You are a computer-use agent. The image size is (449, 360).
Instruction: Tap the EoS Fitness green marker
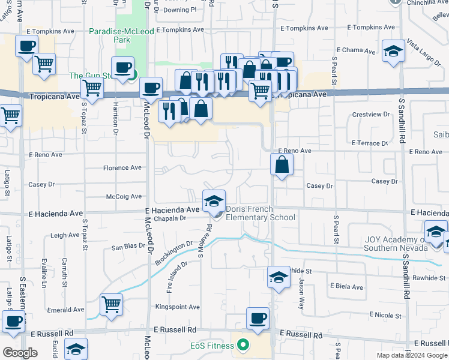[243, 345]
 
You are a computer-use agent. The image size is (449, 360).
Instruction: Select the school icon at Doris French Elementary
[214, 202]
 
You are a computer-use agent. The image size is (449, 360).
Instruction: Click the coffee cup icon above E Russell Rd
[258, 319]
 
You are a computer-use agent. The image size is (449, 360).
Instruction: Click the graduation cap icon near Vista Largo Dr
[393, 52]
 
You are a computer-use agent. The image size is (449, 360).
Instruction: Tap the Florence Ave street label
[122, 169]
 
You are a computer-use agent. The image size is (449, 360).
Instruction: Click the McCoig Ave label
[124, 196]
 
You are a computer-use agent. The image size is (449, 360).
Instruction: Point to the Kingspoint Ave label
[177, 307]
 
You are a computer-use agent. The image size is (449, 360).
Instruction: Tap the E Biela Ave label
[346, 287]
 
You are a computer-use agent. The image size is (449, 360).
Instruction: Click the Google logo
[20, 353]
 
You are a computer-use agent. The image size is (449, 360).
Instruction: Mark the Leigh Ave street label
[65, 236]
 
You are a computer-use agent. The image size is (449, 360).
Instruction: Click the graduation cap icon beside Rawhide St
[278, 278]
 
